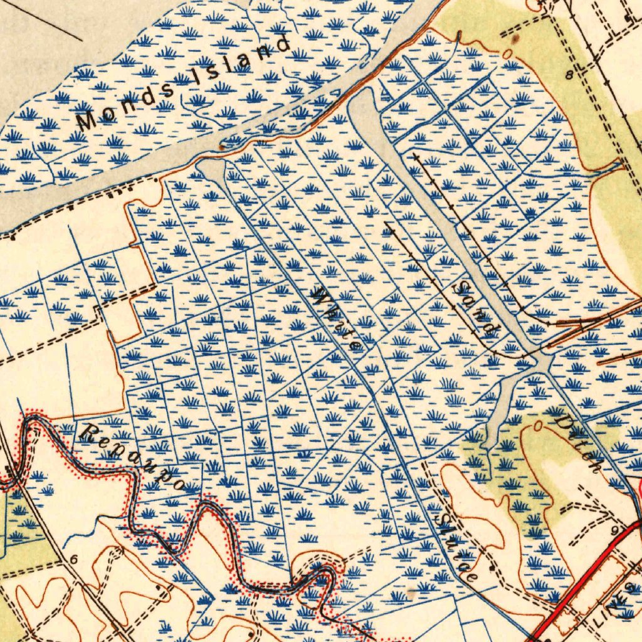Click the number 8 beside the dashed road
tap(569, 75)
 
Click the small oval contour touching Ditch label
tap(539, 426)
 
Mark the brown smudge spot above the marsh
tap(515, 39)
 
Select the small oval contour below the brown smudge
tap(507, 53)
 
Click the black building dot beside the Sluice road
tap(492, 568)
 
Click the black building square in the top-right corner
tap(628, 18)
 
